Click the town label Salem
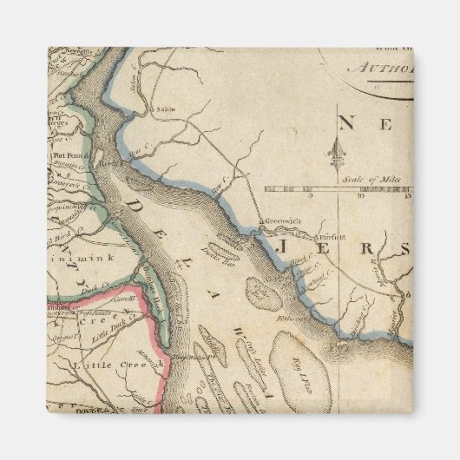tap(165, 109)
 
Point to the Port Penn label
tap(62, 157)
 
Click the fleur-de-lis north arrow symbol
tap(335, 153)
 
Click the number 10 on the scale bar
tap(358, 196)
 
